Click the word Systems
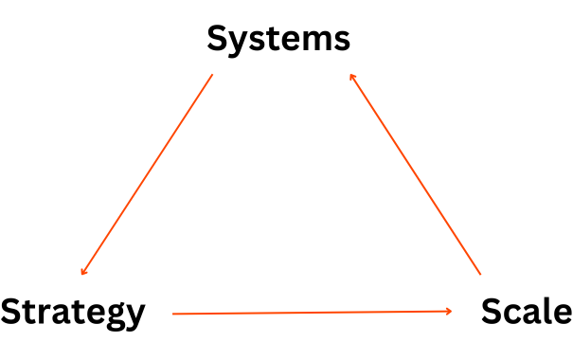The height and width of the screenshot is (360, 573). (278, 40)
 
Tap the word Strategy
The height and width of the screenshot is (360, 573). (73, 312)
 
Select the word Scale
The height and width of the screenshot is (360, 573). (526, 312)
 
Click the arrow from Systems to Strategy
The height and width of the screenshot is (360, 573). (147, 175)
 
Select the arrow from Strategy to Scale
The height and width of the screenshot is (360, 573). (313, 312)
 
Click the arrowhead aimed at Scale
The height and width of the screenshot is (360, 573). (450, 311)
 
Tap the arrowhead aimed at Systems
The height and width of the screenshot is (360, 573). (351, 75)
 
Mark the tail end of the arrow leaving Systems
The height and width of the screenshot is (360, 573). (212, 75)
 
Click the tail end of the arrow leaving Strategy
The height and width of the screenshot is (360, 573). (173, 313)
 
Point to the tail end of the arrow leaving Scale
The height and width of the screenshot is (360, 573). (480, 274)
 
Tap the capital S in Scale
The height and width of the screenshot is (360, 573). (492, 312)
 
